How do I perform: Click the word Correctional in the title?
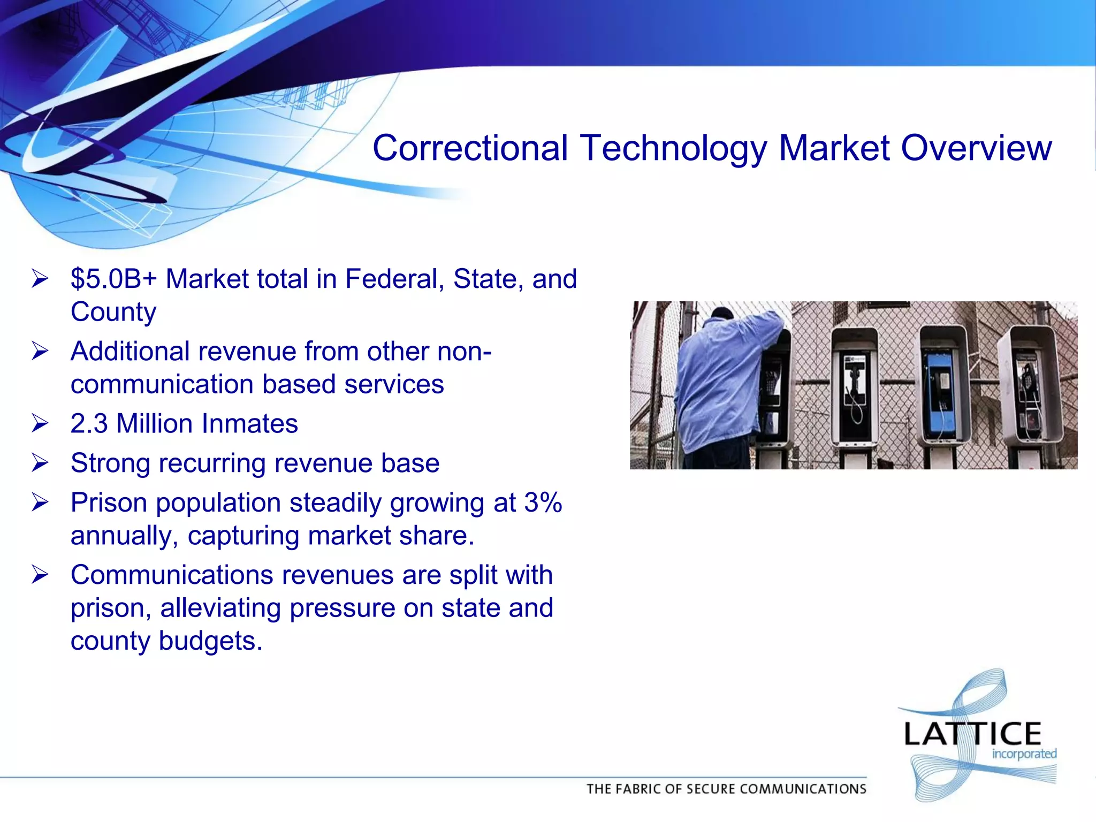(470, 148)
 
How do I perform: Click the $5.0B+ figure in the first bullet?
(114, 279)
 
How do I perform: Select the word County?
(113, 312)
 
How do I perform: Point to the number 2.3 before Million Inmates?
(89, 424)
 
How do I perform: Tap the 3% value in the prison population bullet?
(543, 503)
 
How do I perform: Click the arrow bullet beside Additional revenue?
(40, 352)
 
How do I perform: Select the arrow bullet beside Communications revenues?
(40, 575)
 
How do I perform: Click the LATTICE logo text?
(972, 734)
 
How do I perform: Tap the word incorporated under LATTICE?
(1024, 754)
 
